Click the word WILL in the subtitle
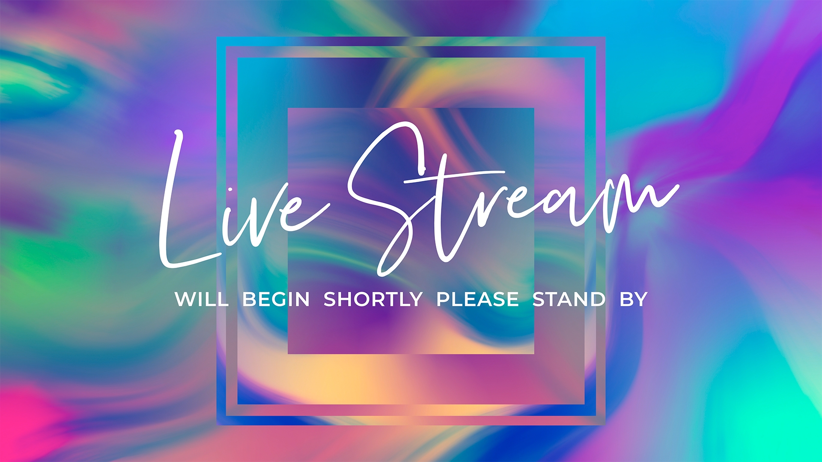coord(201,299)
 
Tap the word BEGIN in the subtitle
coord(276,299)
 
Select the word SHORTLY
coord(373,299)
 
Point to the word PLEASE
coord(477,299)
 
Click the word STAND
coord(569,299)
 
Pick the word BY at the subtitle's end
coord(633,299)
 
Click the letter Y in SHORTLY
coord(416,299)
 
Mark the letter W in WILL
coord(185,299)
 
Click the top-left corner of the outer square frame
coord(217,37)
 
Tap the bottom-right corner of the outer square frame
coord(605,425)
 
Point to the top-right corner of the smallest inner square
coord(534,108)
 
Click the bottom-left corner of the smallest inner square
coord(288,354)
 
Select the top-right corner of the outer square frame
coord(605,37)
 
